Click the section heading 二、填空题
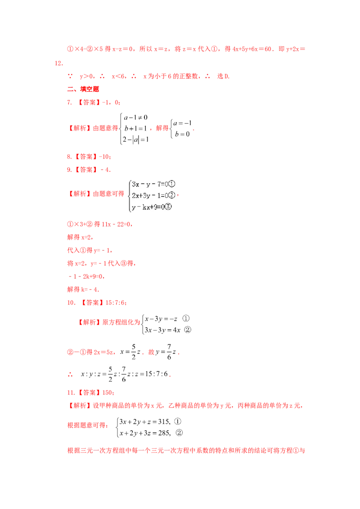click(83, 89)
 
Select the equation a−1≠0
click(135, 117)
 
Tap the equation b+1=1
click(135, 128)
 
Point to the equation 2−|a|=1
click(135, 139)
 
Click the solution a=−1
click(182, 123)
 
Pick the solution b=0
click(182, 134)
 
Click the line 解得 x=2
click(80, 237)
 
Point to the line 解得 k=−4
click(83, 289)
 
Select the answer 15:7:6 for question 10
click(115, 303)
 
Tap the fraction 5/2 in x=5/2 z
click(134, 352)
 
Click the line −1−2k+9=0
click(86, 277)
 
